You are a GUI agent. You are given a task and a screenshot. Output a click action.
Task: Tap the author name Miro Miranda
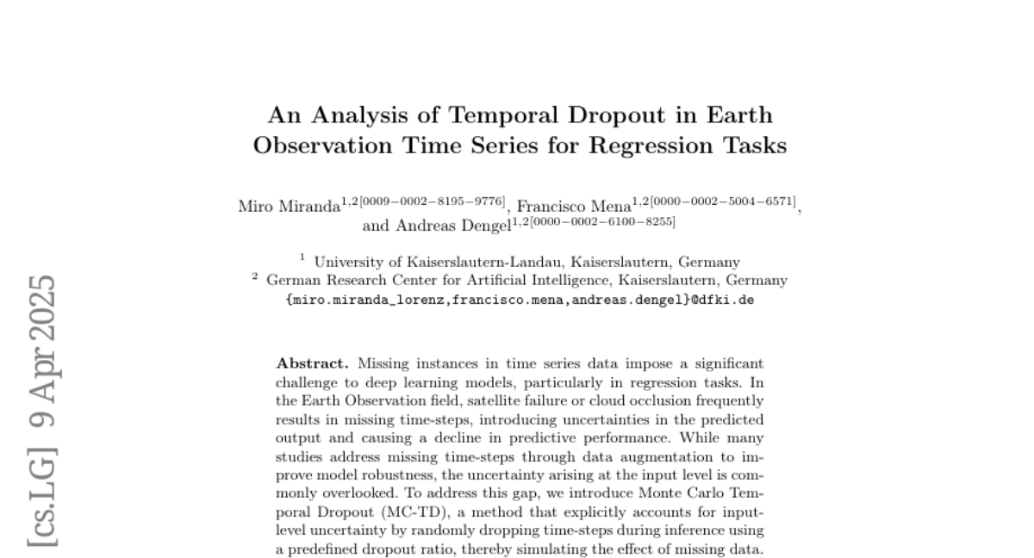[x=288, y=207]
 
